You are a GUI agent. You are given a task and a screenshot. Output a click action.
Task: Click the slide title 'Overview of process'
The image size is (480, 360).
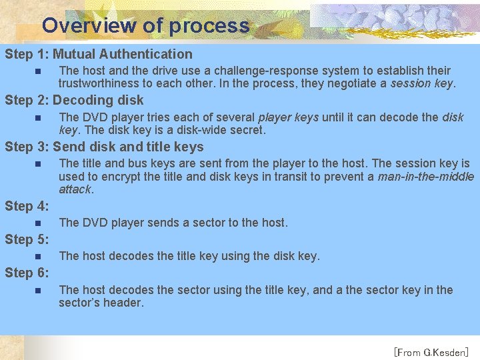(x=145, y=25)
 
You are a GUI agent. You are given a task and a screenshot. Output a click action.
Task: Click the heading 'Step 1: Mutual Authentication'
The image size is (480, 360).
(x=99, y=54)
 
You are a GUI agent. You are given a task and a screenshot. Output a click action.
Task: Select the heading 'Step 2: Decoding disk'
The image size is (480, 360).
(x=74, y=100)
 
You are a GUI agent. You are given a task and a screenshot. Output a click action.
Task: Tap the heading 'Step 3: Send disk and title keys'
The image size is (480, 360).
(x=104, y=147)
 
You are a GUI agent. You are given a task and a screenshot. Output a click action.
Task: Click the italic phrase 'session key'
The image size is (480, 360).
(x=422, y=84)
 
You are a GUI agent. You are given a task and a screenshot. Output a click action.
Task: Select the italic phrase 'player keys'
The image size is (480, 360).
(x=288, y=117)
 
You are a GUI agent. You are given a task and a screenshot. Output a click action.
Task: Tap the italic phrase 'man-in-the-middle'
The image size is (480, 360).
(x=425, y=177)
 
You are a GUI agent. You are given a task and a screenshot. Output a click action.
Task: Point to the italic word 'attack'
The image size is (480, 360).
(x=75, y=189)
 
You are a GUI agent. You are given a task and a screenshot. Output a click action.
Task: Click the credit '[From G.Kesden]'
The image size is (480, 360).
(x=431, y=351)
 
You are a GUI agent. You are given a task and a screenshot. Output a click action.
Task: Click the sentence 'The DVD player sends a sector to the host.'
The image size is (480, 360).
(x=173, y=223)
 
